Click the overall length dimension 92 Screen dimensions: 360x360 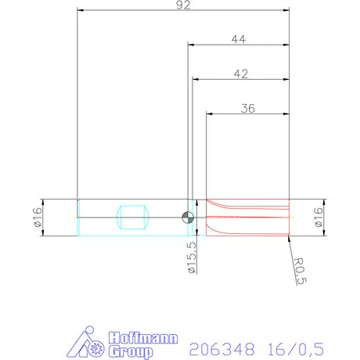[x=184, y=5]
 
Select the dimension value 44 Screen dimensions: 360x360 [x=240, y=38]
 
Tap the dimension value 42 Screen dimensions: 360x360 [x=241, y=74]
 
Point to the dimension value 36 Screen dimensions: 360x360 [x=248, y=109]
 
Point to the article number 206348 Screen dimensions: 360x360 [x=213, y=345]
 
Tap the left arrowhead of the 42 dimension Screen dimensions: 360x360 [x=196, y=80]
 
